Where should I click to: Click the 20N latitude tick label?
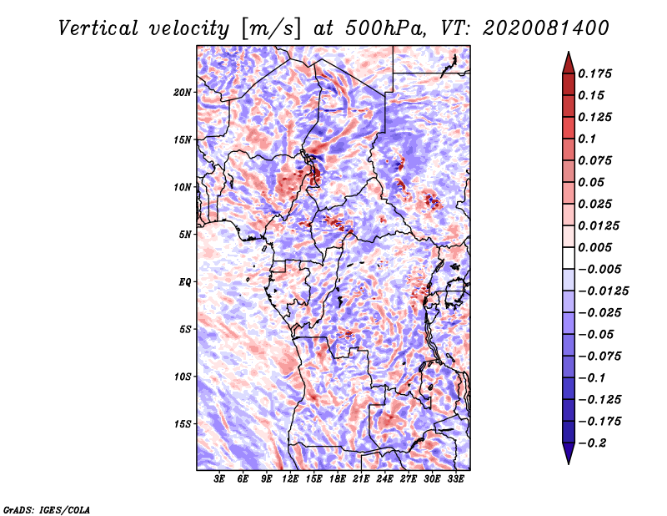(183, 92)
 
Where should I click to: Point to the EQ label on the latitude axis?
(184, 281)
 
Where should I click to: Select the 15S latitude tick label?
(183, 423)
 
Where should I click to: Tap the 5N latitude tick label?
(184, 234)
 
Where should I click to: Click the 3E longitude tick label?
(220, 480)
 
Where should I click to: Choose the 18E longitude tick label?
(338, 480)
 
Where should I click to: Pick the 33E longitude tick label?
(455, 480)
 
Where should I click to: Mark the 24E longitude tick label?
(384, 480)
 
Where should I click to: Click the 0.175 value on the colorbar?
(596, 73)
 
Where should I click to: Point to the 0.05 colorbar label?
(592, 182)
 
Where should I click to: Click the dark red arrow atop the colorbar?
(568, 60)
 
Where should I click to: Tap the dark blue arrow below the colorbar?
(568, 455)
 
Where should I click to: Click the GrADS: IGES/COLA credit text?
(47, 508)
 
